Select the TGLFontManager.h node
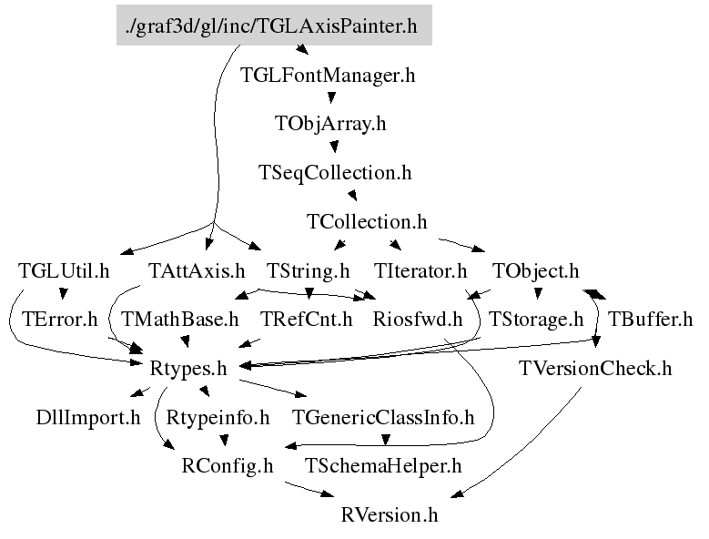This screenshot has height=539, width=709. pos(328,76)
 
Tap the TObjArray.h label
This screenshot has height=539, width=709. pos(330,124)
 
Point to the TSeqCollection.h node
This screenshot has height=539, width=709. pos(335,172)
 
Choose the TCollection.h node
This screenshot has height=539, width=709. pos(367,221)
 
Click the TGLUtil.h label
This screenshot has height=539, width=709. pos(64,270)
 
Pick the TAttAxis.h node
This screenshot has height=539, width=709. pos(197,270)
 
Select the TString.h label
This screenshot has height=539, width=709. pos(308,270)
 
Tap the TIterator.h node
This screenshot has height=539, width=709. pos(420,270)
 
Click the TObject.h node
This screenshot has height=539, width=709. pos(535,270)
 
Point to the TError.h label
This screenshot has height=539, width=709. pos(59,320)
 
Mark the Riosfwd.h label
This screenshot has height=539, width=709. pos(418,320)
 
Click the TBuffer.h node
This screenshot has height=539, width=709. pos(650,320)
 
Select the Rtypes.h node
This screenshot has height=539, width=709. pos(187,369)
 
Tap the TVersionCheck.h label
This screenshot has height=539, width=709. pos(595,369)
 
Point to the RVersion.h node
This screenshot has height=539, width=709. pos(390,515)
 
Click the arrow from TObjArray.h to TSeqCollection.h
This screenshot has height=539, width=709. pos(335,147)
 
